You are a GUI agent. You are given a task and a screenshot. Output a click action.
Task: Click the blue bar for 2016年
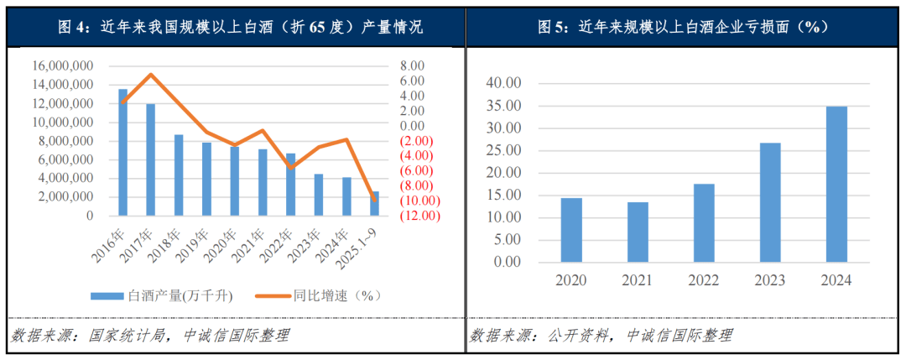coord(123,152)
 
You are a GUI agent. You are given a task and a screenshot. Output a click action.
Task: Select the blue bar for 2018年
coord(179,175)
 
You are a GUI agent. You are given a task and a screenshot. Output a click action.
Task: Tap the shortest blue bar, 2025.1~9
coord(375,203)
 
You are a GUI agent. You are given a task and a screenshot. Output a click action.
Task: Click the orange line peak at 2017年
coord(150,75)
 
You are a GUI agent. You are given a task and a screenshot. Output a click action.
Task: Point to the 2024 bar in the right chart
coord(836,184)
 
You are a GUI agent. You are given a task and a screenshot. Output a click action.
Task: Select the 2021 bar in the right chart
coord(638,232)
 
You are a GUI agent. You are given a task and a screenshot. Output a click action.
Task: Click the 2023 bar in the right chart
coord(770,202)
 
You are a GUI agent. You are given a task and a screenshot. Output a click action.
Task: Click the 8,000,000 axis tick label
coord(63,141)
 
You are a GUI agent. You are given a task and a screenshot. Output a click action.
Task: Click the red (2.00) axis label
coord(416,140)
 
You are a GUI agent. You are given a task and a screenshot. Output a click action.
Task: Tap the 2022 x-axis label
coord(704,280)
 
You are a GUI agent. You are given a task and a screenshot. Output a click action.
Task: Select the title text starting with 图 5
coord(683,27)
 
